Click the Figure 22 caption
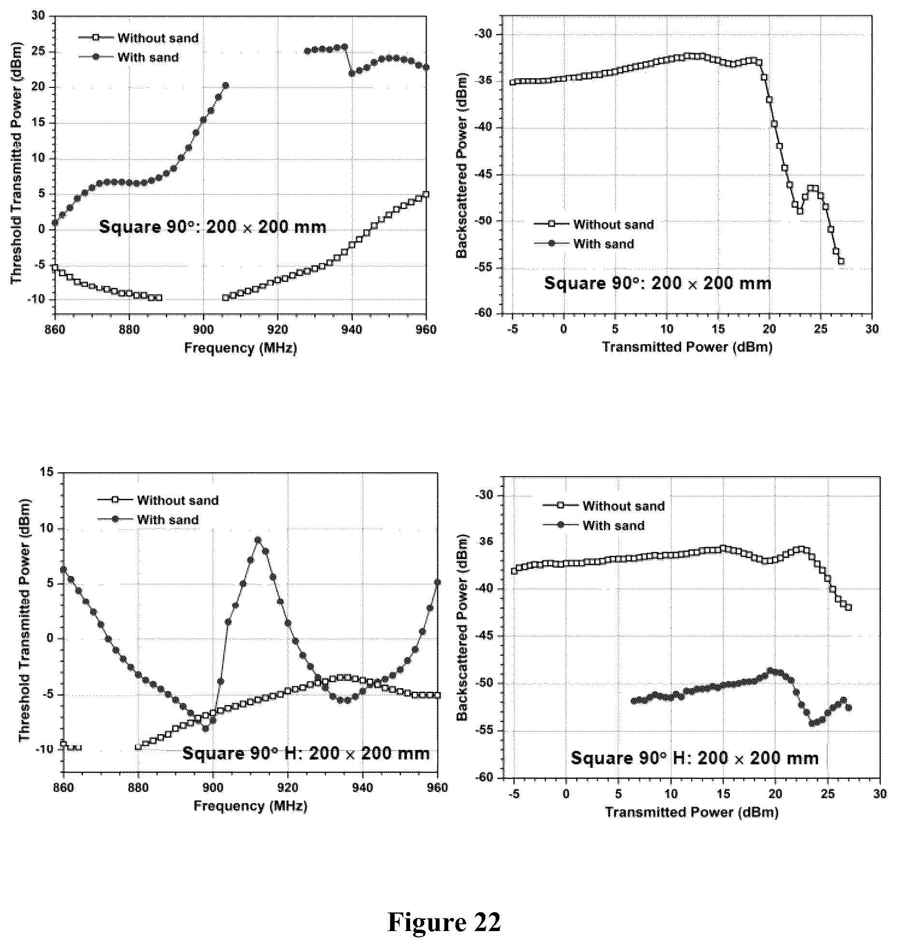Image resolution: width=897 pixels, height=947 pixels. click(x=444, y=922)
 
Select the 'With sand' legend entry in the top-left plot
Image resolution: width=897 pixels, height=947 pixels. click(x=129, y=57)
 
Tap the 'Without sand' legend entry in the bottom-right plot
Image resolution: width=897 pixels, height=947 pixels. click(x=604, y=506)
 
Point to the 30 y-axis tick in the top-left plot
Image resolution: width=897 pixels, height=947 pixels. click(x=39, y=15)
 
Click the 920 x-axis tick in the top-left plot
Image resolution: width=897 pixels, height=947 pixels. click(x=278, y=330)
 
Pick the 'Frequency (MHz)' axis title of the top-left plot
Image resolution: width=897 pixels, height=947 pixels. click(x=241, y=348)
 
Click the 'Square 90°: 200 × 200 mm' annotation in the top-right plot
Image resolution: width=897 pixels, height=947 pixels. click(x=657, y=283)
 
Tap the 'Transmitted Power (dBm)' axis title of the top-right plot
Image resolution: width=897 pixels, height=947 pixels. click(x=687, y=347)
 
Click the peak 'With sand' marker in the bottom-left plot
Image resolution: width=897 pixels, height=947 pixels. click(x=257, y=540)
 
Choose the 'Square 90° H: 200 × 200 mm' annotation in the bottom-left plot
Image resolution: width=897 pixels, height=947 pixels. click(x=306, y=753)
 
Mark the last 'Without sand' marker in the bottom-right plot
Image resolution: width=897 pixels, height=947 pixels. click(x=849, y=608)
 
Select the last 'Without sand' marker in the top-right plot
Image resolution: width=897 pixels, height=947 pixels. click(x=841, y=261)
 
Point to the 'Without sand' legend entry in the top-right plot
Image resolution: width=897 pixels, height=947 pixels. click(x=594, y=225)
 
